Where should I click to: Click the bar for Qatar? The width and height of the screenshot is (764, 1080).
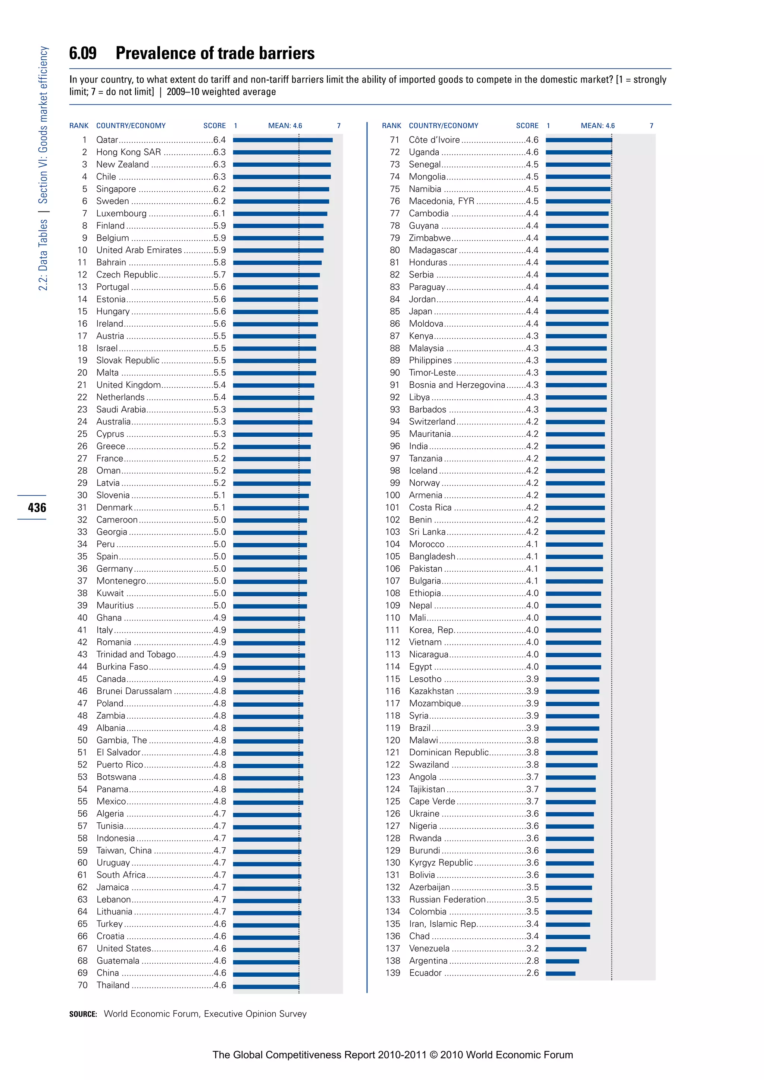point(283,140)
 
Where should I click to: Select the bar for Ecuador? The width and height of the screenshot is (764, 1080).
point(560,973)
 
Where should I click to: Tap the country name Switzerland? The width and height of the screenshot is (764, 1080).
point(432,421)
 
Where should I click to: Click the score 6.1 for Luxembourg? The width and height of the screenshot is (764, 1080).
point(219,213)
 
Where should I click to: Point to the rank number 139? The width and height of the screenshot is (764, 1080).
point(392,973)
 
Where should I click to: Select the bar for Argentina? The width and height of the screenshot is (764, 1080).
point(562,961)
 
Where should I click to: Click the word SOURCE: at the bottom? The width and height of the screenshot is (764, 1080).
point(83,1014)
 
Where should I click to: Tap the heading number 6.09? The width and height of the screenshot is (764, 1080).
point(83,53)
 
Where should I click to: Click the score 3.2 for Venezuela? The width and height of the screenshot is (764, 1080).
point(533,948)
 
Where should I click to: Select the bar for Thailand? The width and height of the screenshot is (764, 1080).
point(266,985)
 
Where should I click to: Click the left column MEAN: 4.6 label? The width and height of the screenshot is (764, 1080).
point(285,126)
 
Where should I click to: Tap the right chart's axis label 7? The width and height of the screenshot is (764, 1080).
point(652,126)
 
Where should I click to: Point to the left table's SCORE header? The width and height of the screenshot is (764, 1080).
point(215,126)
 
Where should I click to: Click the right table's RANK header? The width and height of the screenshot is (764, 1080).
point(391,126)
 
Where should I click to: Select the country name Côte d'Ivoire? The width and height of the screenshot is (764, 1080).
point(434,140)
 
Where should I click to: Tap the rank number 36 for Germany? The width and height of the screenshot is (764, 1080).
point(82,569)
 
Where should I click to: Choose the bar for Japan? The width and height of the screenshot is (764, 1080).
point(577,311)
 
